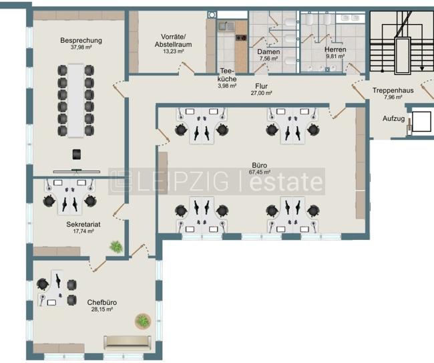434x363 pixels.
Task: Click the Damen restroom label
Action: pos(269,51)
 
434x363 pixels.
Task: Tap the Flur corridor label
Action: pos(262,86)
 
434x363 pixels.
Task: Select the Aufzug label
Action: pos(393,119)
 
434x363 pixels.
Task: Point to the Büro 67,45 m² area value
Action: pos(260,172)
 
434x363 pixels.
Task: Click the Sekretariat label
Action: pos(83,225)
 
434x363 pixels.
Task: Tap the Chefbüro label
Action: pos(99,302)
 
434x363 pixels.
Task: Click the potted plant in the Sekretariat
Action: pos(116,247)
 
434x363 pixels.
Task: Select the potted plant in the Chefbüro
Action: pos(143,321)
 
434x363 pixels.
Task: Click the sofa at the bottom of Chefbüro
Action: pos(128,343)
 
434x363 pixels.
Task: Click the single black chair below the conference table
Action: pos(77,154)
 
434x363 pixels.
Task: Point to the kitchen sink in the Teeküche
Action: pos(224,27)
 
